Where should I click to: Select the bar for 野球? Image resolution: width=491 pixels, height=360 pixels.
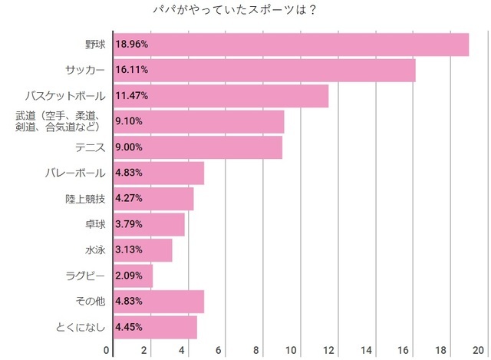(x=291, y=45)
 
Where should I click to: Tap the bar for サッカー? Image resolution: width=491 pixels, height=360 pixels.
(x=264, y=70)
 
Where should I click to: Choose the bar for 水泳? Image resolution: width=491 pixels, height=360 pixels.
(x=143, y=250)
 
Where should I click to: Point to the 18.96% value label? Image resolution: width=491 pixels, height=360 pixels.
(x=131, y=45)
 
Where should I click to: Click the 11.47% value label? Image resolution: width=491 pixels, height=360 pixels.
(x=131, y=96)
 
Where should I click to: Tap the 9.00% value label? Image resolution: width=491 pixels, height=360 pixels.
(x=129, y=147)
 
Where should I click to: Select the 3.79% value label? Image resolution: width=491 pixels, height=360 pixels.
(x=129, y=225)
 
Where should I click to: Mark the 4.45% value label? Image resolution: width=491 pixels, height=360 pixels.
(x=129, y=328)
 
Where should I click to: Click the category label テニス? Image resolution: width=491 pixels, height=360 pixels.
(x=91, y=147)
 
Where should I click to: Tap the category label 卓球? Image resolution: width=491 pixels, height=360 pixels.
(x=95, y=225)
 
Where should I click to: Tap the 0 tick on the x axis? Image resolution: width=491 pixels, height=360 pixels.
(x=107, y=350)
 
